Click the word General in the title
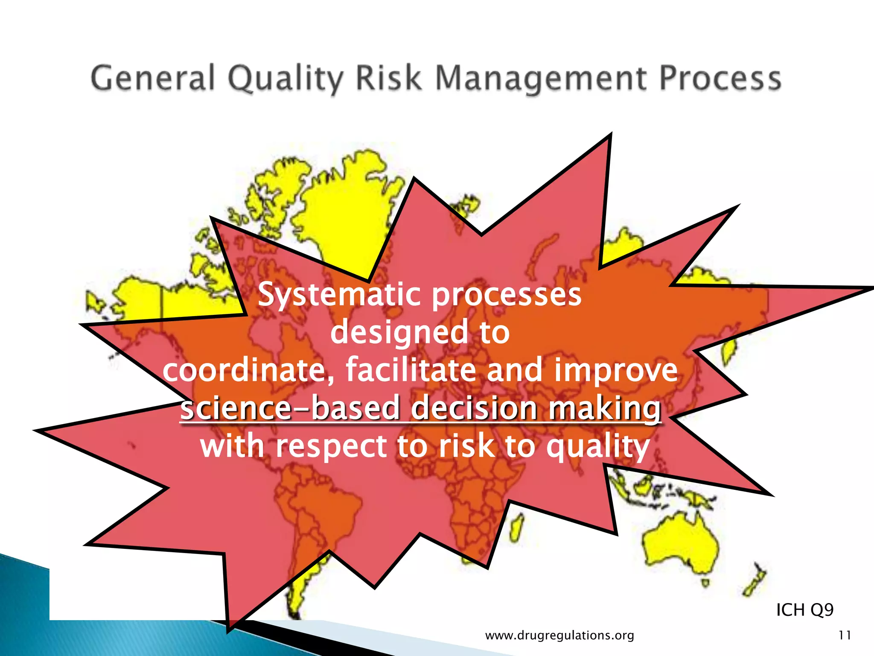click(x=152, y=79)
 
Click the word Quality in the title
click(x=285, y=79)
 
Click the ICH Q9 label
click(x=804, y=609)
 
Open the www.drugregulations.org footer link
click(x=559, y=635)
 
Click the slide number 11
click(x=845, y=635)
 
